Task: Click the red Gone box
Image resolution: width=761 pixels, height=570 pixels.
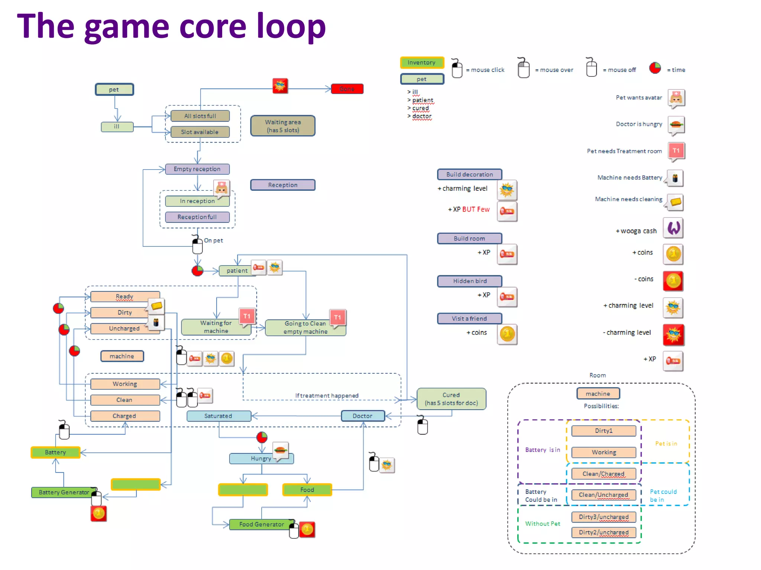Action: tap(347, 89)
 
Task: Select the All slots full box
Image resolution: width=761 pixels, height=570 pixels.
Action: tap(200, 116)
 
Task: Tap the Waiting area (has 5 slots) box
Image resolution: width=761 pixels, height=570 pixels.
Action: tap(283, 126)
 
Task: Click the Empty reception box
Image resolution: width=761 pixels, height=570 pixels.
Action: tap(197, 169)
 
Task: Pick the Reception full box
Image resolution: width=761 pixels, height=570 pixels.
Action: tap(197, 217)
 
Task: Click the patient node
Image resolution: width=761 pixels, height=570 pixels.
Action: tap(237, 271)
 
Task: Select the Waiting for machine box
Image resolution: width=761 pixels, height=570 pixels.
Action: tap(216, 327)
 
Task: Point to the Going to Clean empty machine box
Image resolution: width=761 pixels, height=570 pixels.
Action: tap(305, 327)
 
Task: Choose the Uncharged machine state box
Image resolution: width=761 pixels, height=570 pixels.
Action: tap(124, 328)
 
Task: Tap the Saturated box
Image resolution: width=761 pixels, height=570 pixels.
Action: tap(218, 416)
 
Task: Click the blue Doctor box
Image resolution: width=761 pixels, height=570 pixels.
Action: tap(362, 416)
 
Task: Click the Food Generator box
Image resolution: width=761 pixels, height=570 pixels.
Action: tap(261, 524)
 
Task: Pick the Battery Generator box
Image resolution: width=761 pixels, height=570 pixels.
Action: tap(64, 492)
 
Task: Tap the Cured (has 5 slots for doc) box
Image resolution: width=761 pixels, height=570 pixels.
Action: tap(451, 399)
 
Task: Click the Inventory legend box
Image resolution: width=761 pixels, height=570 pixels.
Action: tap(422, 62)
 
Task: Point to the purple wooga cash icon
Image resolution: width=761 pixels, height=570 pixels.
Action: tap(673, 228)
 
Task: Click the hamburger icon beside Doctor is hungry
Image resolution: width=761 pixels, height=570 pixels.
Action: tap(676, 124)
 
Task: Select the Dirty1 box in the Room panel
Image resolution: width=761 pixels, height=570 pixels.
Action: tap(603, 430)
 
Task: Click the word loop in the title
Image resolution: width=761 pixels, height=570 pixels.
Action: tap(291, 27)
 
